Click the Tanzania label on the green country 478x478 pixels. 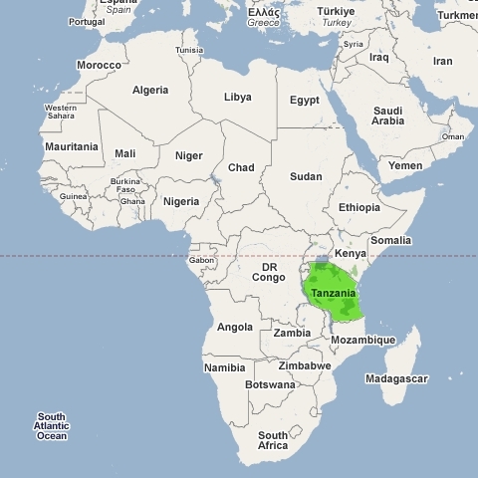tap(333, 294)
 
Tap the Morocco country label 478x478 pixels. tap(100, 66)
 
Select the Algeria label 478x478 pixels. tap(150, 90)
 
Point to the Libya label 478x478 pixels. tap(237, 97)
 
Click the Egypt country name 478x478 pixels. tap(304, 101)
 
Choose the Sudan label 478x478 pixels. tap(306, 176)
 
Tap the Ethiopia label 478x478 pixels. tap(358, 207)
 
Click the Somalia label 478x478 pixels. tap(389, 240)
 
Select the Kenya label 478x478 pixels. tap(350, 254)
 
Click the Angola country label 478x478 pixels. tap(235, 327)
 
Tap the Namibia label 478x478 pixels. tap(224, 367)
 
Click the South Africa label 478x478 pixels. tap(273, 440)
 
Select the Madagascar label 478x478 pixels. tap(396, 378)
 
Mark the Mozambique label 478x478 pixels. tap(362, 340)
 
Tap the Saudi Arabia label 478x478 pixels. tap(387, 116)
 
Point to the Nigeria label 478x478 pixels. tap(181, 201)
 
